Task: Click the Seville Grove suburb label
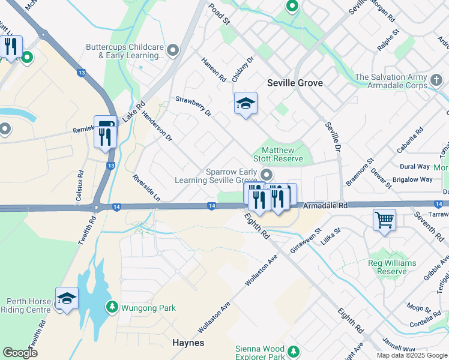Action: pyautogui.click(x=295, y=83)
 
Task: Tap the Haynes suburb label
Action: pyautogui.click(x=188, y=343)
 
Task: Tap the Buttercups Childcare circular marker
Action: pyautogui.click(x=173, y=50)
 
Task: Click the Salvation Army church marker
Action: pyautogui.click(x=437, y=79)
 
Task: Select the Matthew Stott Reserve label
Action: pyautogui.click(x=282, y=155)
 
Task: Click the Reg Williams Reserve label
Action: pyautogui.click(x=387, y=267)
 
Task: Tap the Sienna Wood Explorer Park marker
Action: pyautogui.click(x=293, y=351)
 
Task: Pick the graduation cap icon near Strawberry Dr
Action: pyautogui.click(x=246, y=104)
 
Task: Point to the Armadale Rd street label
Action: pyautogui.click(x=325, y=205)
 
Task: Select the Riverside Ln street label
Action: pyautogui.click(x=146, y=187)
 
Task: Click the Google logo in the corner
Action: pyautogui.click(x=20, y=353)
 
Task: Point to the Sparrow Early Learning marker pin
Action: pyautogui.click(x=267, y=175)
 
